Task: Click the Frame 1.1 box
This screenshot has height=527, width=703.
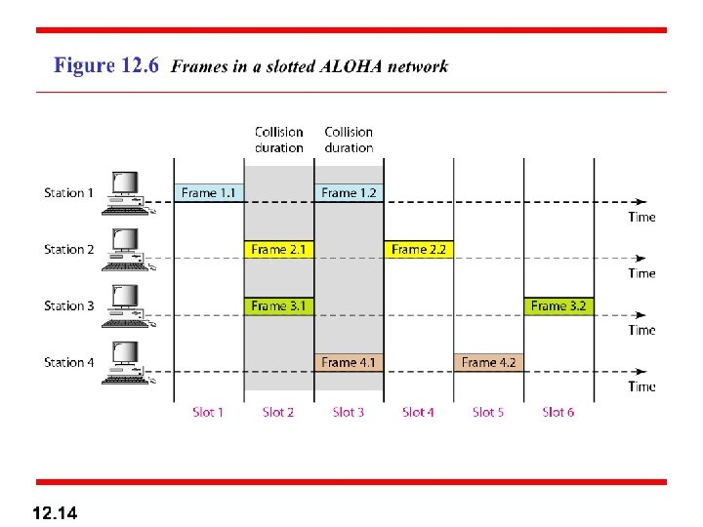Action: click(x=208, y=192)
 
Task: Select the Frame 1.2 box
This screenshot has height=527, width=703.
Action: click(x=349, y=192)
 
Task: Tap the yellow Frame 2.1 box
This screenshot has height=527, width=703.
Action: click(x=278, y=249)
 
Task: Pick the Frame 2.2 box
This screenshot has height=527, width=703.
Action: click(x=418, y=249)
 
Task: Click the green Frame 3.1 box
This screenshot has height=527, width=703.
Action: click(x=278, y=305)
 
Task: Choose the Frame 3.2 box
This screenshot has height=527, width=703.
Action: click(x=558, y=305)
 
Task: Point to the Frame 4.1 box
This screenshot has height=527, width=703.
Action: click(x=349, y=362)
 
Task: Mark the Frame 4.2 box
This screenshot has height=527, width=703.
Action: click(x=488, y=362)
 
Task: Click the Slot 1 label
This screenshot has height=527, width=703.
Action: click(x=208, y=412)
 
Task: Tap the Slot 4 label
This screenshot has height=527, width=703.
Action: click(x=418, y=412)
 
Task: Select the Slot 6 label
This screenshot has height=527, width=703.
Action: click(x=558, y=412)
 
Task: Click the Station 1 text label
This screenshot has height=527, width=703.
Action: click(x=69, y=192)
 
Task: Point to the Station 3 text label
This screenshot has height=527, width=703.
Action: click(x=69, y=305)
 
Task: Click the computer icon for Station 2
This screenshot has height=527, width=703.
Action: click(x=124, y=250)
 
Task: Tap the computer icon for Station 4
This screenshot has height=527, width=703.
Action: click(x=124, y=363)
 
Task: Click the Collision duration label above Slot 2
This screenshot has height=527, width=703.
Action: click(x=278, y=140)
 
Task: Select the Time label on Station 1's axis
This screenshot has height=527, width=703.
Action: click(x=641, y=217)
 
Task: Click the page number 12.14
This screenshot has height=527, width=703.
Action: click(x=56, y=511)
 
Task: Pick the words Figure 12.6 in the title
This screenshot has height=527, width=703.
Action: click(x=106, y=66)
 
